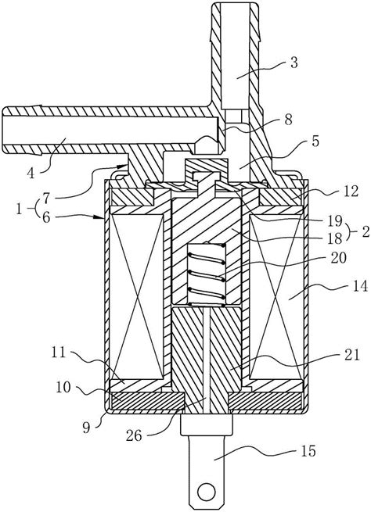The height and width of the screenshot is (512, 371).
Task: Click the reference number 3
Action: tap(294, 63)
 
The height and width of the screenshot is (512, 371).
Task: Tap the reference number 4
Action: tap(31, 173)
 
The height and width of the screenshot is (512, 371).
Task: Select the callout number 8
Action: tap(288, 120)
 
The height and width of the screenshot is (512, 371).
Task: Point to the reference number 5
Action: tap(315, 141)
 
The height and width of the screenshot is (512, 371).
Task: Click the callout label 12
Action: tap(351, 192)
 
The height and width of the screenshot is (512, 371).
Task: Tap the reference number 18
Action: tap(335, 238)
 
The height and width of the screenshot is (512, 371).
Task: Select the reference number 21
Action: tap(351, 354)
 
